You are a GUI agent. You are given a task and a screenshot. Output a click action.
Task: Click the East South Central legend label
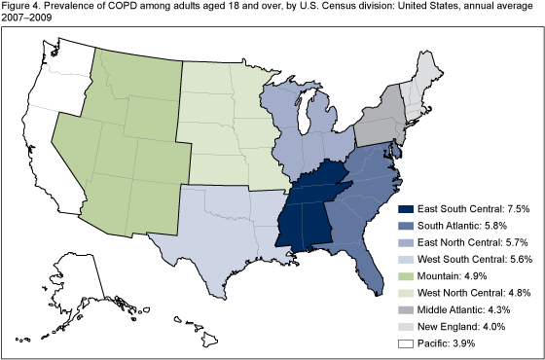[468, 208]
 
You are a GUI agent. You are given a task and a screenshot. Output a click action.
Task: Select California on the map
[49, 146]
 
